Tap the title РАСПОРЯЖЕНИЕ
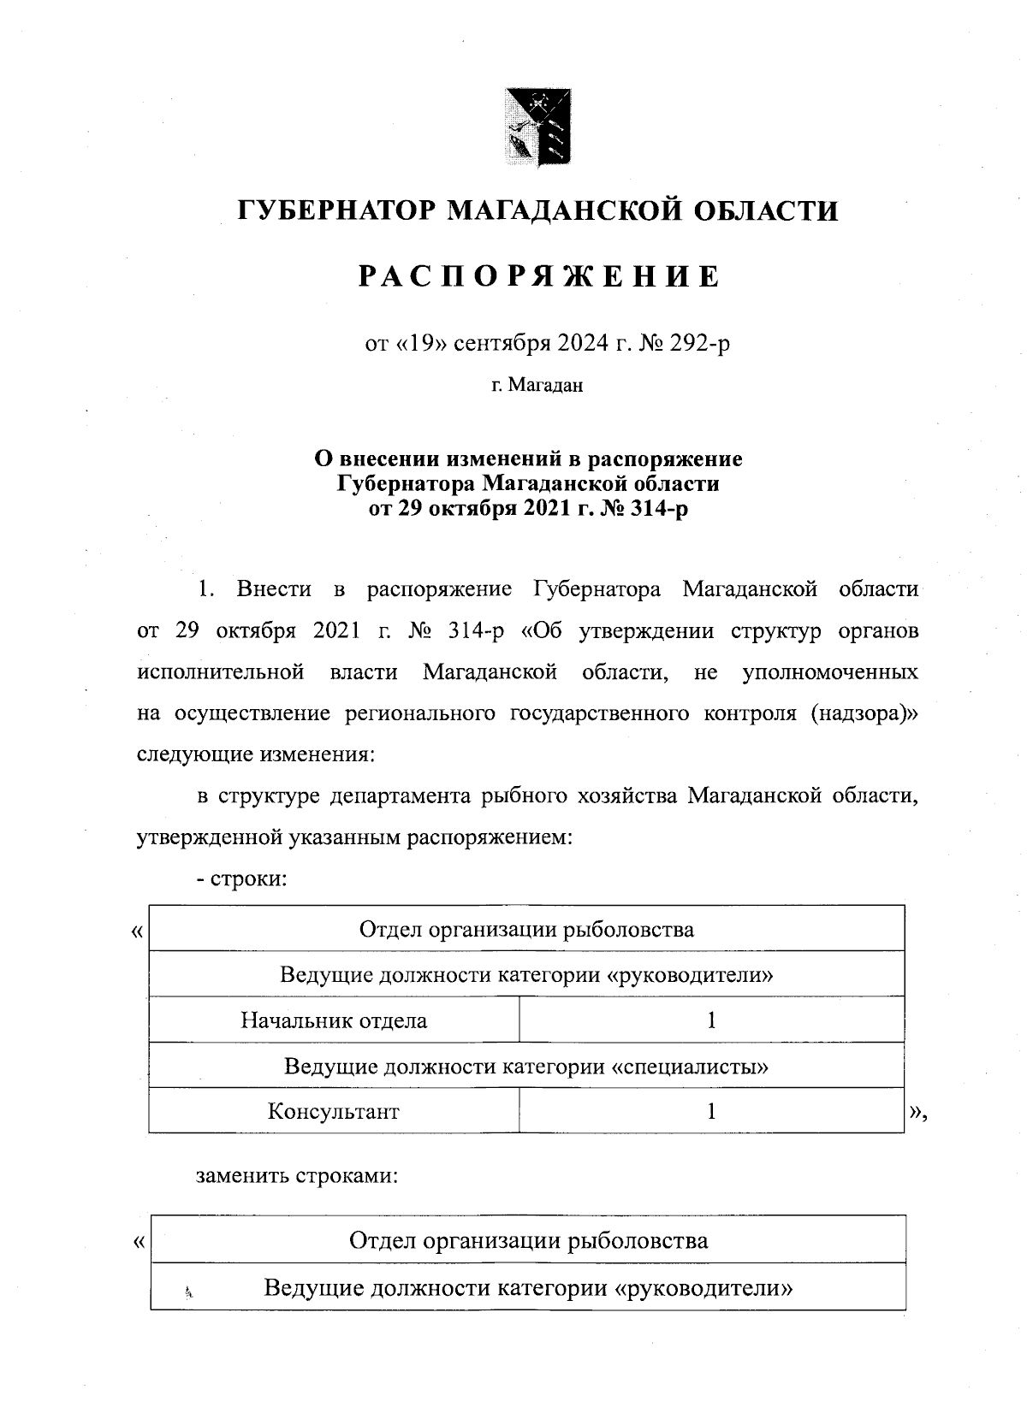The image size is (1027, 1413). (538, 275)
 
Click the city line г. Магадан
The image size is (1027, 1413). (537, 386)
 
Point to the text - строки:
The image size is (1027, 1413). (240, 878)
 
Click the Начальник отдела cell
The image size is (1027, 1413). (334, 1020)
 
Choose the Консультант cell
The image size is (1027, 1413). (334, 1111)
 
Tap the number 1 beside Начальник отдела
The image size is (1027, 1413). (711, 1020)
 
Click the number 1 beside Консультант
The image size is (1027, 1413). (711, 1111)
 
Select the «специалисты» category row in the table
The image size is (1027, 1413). (526, 1066)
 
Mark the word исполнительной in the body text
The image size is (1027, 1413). (222, 672)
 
